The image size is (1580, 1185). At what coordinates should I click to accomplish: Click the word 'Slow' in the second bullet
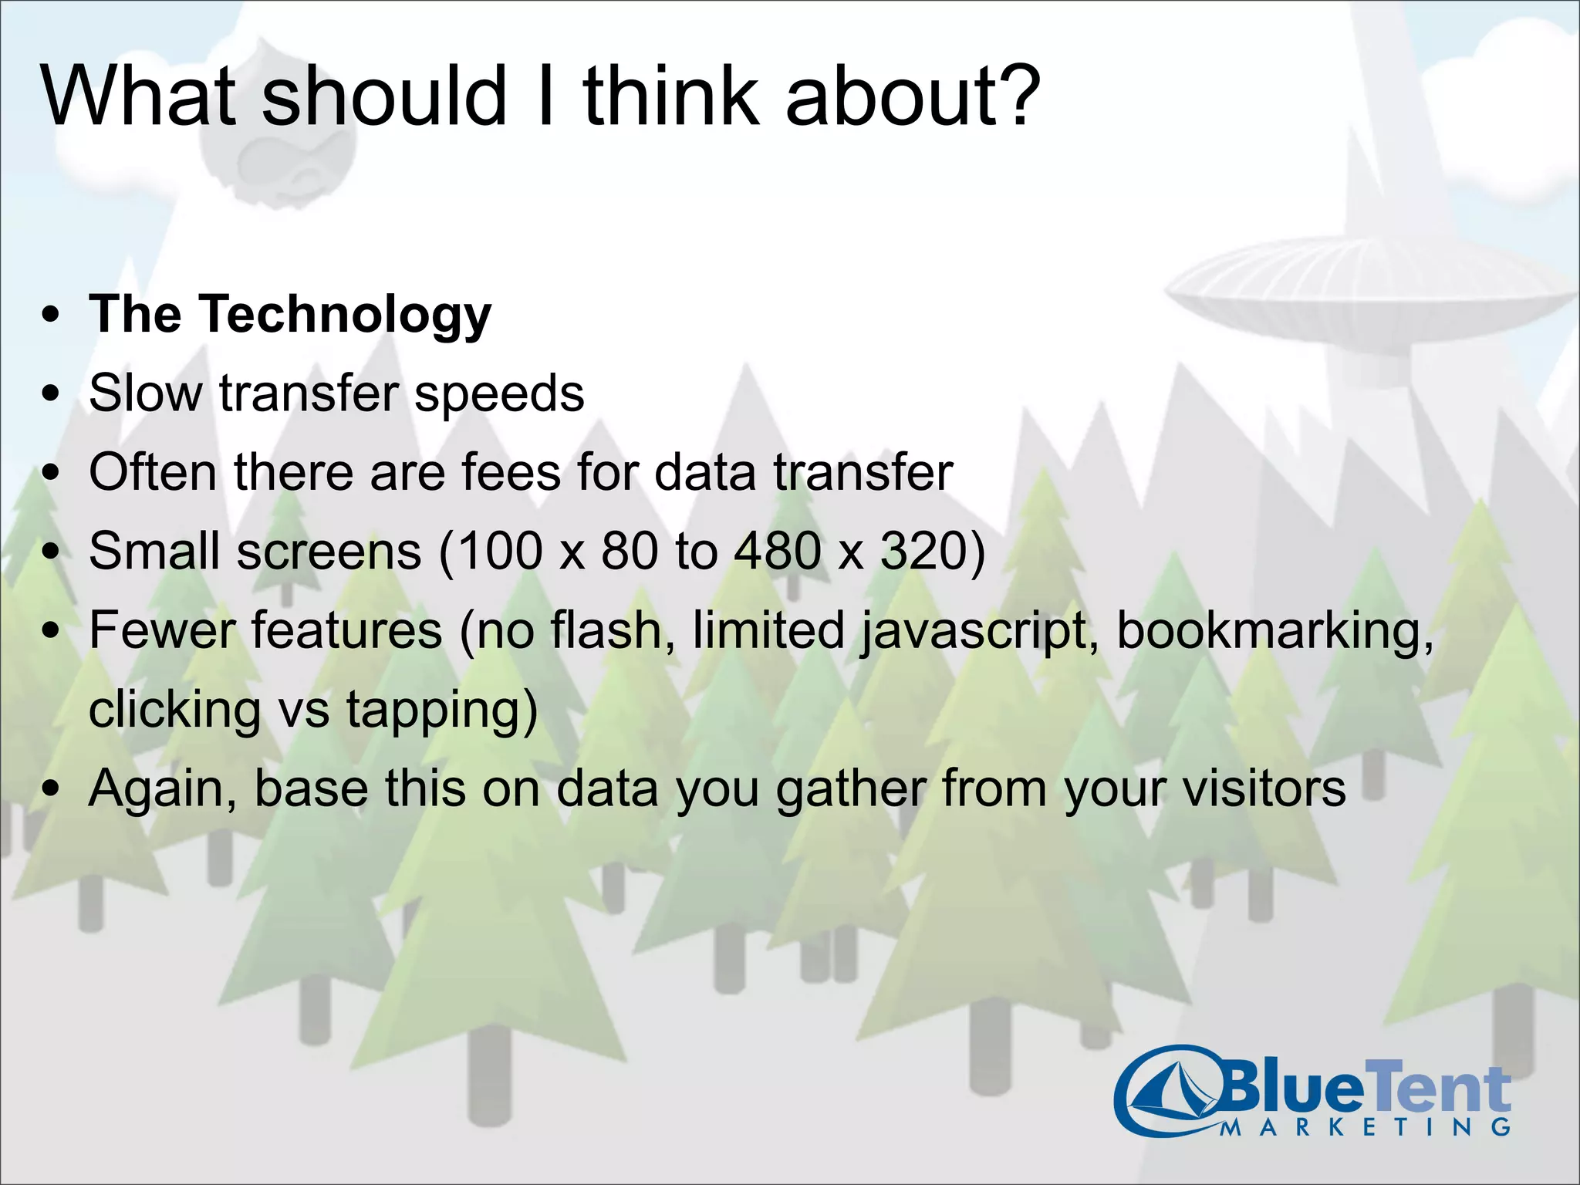click(145, 393)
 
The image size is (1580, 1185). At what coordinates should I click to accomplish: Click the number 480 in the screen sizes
click(778, 552)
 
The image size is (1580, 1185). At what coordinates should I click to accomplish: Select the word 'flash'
click(606, 630)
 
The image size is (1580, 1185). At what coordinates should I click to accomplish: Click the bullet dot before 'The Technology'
click(52, 316)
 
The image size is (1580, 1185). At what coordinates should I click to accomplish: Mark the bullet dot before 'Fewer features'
click(52, 631)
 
